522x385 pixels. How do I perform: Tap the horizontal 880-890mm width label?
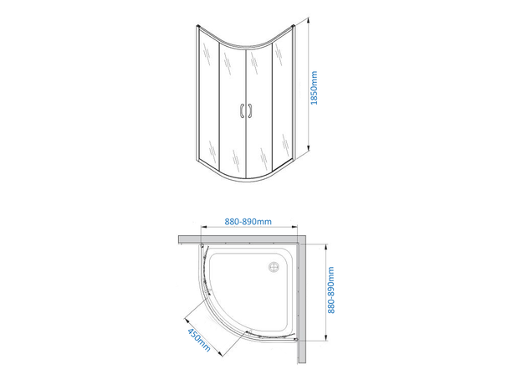pyautogui.click(x=248, y=222)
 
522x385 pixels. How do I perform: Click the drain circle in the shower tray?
pyautogui.click(x=271, y=269)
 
